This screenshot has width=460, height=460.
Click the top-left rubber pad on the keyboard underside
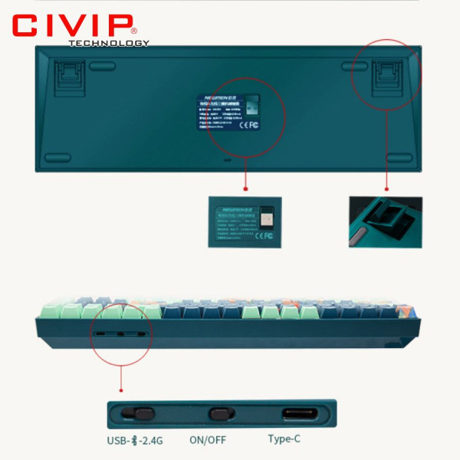tap(101, 67)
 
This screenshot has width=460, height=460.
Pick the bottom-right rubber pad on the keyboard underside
tap(398, 157)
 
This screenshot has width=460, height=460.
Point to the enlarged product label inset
tap(245, 222)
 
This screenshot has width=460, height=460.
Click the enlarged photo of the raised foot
tap(386, 222)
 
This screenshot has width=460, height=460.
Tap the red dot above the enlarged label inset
tap(245, 187)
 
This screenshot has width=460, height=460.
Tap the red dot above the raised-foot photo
tap(386, 187)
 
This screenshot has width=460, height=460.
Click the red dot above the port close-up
tap(120, 370)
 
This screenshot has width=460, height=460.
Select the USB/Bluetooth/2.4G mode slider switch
tap(143, 414)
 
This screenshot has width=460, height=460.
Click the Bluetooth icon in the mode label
tap(136, 440)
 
